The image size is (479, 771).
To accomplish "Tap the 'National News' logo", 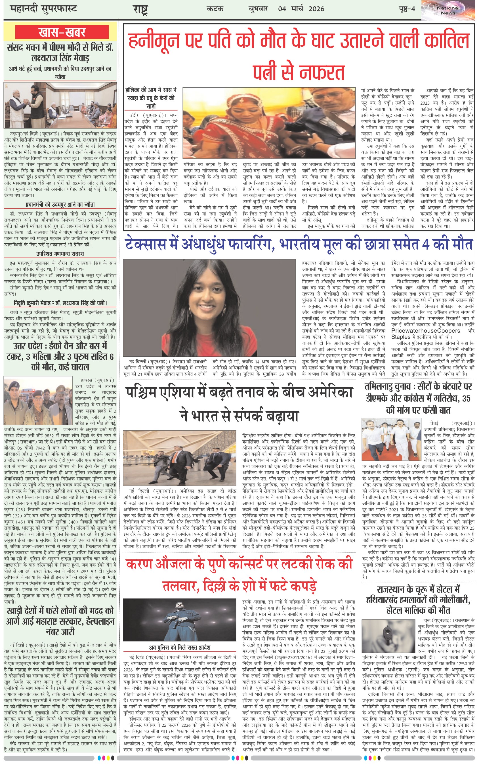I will (448, 11).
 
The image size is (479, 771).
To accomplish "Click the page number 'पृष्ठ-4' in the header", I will (407, 9).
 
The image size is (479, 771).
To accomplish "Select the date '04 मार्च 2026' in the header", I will (301, 9).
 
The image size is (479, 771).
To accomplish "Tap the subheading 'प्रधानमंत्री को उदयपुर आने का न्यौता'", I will (60, 205).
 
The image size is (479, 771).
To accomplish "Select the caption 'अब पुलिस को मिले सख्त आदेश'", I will (179, 647).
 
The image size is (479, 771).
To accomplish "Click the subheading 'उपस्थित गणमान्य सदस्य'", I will (60, 254).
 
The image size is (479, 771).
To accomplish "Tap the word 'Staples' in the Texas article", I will (401, 337).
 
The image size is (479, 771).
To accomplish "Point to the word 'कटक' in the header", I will (215, 9).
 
